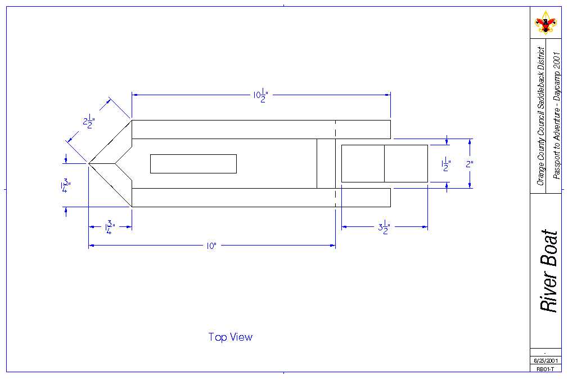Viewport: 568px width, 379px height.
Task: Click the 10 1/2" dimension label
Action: click(260, 96)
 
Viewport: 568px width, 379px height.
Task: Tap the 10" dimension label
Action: click(211, 247)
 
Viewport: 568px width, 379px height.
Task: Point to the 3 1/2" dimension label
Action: click(385, 228)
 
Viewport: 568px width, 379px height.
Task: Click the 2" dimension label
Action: click(470, 164)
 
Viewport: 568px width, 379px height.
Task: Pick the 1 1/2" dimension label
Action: click(447, 164)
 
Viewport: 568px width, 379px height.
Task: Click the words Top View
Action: click(231, 337)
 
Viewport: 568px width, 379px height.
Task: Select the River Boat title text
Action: click(548, 271)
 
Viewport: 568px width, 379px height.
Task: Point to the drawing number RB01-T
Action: click(545, 369)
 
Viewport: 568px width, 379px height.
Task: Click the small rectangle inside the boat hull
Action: click(193, 163)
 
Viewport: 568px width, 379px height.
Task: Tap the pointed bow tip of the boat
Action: click(89, 163)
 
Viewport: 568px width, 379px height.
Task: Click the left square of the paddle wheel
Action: click(363, 163)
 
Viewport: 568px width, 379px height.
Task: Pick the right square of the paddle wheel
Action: click(406, 163)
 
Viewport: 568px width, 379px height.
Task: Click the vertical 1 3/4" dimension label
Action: click(66, 185)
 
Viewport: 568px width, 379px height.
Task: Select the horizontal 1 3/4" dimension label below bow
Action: click(109, 228)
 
